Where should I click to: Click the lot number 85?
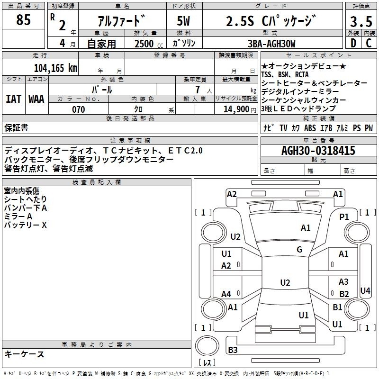pyautogui.click(x=23, y=19)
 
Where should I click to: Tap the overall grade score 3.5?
pyautogui.click(x=361, y=21)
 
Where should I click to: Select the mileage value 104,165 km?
pyautogui.click(x=55, y=68)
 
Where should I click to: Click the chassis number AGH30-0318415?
pyautogui.click(x=318, y=151)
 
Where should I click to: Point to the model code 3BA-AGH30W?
pyautogui.click(x=271, y=44)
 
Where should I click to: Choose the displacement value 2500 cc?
pyautogui.click(x=149, y=44)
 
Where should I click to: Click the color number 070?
pyautogui.click(x=79, y=109)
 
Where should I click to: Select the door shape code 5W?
pyautogui.click(x=183, y=21)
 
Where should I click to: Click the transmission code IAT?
pyautogui.click(x=13, y=99)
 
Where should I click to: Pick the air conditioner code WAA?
pyautogui.click(x=36, y=99)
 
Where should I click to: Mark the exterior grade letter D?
pyautogui.click(x=353, y=43)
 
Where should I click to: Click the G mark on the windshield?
pyautogui.click(x=299, y=250)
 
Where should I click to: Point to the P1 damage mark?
pyautogui.click(x=344, y=217)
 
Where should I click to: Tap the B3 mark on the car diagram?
pyautogui.click(x=233, y=350)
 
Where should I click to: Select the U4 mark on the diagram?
pyautogui.click(x=365, y=290)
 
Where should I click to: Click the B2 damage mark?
pyautogui.click(x=344, y=294)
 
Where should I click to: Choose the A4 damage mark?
pyautogui.click(x=226, y=294)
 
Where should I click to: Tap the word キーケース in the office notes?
pyautogui.click(x=25, y=354)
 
